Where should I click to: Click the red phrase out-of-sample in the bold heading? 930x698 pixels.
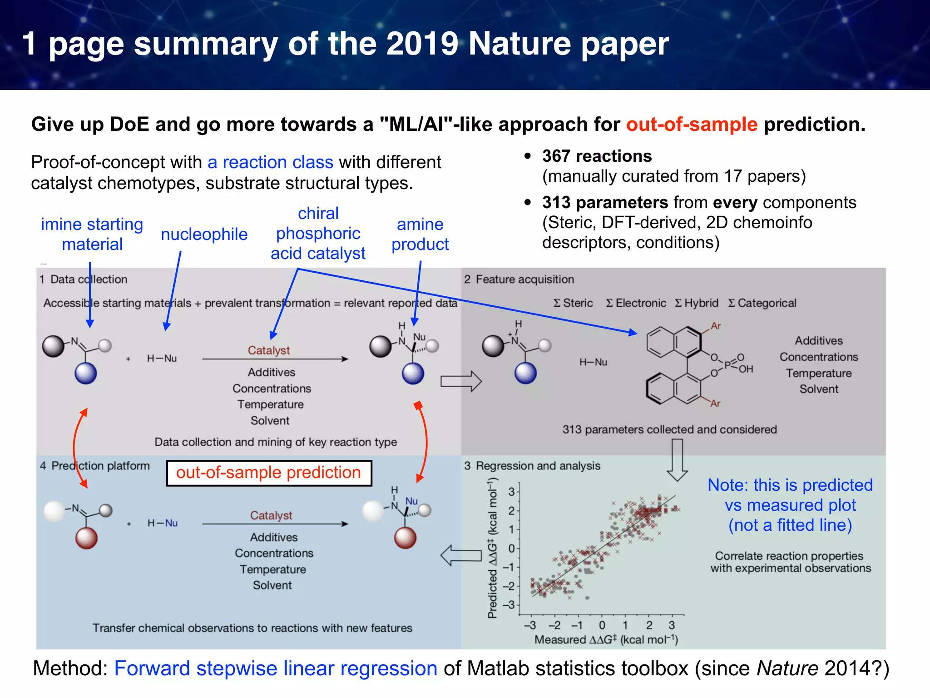692,124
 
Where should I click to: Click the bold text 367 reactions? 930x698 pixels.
597,156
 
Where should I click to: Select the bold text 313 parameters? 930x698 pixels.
605,202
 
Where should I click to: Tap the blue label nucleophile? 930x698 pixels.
204,234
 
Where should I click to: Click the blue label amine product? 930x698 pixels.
420,234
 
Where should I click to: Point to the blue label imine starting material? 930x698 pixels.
92,234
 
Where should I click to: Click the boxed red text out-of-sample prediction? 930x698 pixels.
268,473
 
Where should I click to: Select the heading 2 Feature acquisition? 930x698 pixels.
519,279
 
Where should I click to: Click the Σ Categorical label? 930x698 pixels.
762,303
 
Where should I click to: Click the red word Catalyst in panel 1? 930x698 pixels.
268,350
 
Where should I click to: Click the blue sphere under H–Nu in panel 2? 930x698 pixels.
525,373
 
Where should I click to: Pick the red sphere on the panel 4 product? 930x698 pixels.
405,538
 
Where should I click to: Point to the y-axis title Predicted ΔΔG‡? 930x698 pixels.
492,548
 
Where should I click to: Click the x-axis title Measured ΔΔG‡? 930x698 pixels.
606,640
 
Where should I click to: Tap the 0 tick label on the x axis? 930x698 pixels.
602,625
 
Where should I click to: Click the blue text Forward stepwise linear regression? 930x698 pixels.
276,668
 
